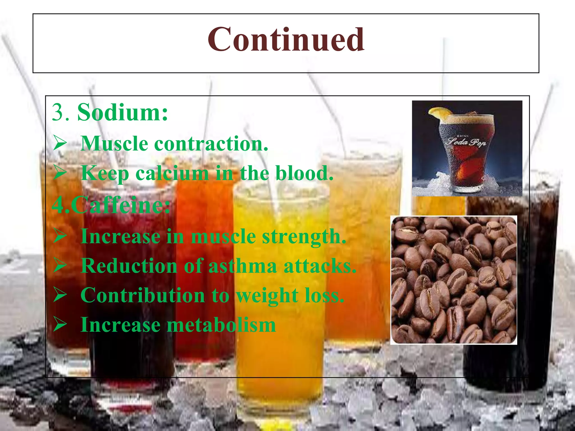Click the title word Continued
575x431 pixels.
coord(286,40)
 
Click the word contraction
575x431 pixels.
coord(211,144)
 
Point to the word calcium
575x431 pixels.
coord(172,173)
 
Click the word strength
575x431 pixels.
coord(304,237)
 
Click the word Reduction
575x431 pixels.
coord(129,266)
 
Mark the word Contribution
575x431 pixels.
coord(143,295)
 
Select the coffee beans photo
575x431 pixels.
coord(453,280)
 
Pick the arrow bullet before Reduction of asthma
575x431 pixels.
coord(60,265)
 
